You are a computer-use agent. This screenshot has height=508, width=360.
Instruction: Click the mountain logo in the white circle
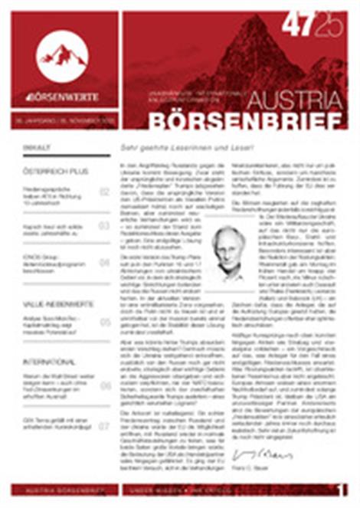coord(62,54)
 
